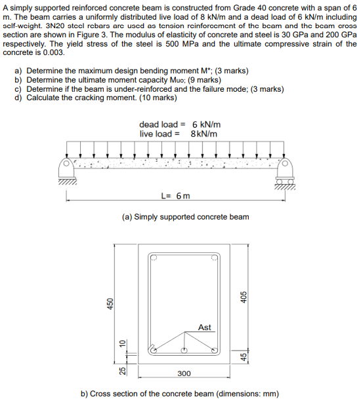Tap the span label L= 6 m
[x=175, y=195]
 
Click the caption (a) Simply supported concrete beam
[x=186, y=217]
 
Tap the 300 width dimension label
[x=184, y=373]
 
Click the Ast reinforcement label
[x=205, y=327]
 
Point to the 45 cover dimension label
[x=244, y=357]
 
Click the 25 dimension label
[x=122, y=370]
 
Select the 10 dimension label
[x=122, y=343]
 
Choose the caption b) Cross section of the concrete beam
[x=179, y=393]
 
